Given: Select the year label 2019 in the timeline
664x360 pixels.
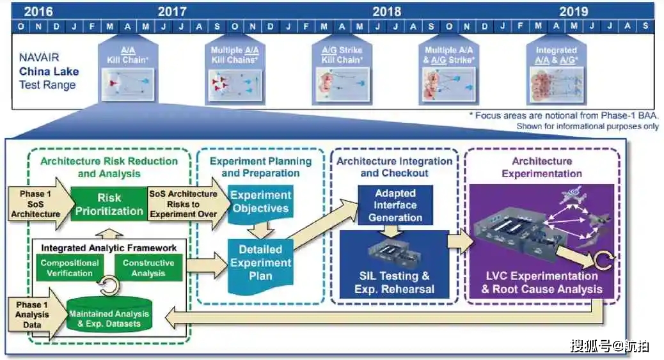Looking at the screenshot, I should click(x=573, y=11).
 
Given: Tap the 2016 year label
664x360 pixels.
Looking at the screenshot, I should click(x=37, y=11).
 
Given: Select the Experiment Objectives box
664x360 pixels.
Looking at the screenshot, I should click(x=260, y=202).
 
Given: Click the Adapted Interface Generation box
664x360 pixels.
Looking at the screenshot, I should click(x=395, y=205).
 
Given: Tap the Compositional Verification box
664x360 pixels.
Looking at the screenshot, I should click(x=70, y=268).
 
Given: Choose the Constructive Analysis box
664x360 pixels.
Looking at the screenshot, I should click(x=148, y=268).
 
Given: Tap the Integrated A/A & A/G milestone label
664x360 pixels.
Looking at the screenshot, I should click(x=556, y=55).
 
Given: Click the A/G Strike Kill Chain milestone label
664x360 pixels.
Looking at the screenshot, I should click(x=342, y=55).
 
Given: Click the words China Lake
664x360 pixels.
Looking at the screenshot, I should click(x=49, y=72).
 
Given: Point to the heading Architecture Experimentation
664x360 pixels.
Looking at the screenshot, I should click(x=541, y=168).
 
